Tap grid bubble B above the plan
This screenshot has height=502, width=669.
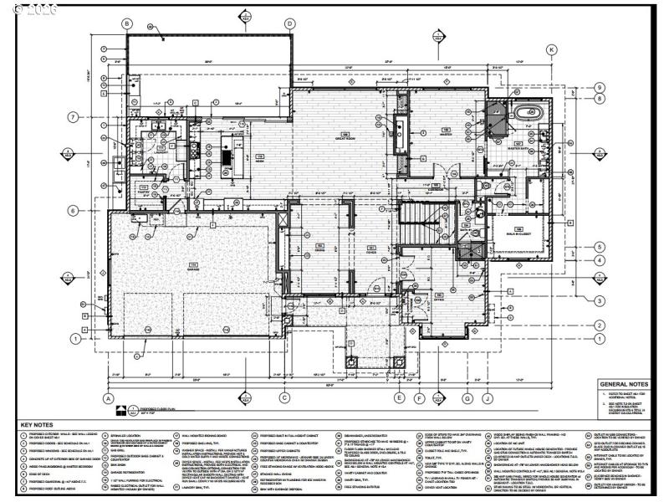tap(127, 23)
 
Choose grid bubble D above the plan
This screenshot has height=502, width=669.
tap(289, 23)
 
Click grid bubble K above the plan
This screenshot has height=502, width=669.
tap(551, 50)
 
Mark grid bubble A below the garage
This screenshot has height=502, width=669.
tap(108, 398)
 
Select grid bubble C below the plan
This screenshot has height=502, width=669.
tap(284, 398)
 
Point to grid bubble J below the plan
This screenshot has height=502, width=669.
tap(487, 398)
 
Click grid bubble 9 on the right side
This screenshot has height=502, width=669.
tap(600, 88)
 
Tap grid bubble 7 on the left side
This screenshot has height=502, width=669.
tap(73, 116)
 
